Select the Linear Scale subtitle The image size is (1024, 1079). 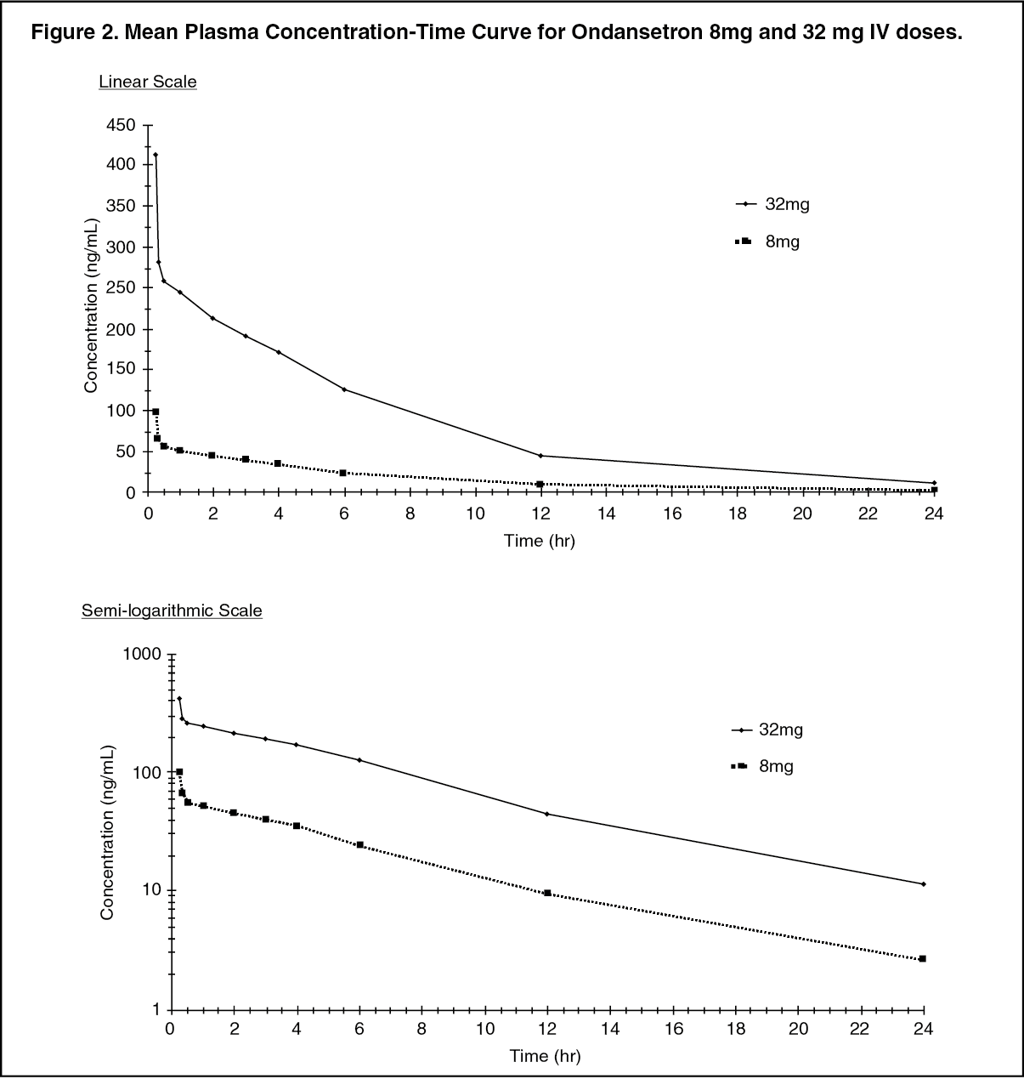tap(148, 82)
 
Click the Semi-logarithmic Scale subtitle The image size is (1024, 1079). tap(172, 610)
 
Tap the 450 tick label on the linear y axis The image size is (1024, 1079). tap(121, 125)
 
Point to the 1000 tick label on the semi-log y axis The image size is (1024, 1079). tap(142, 654)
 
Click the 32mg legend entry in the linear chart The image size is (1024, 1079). tap(772, 204)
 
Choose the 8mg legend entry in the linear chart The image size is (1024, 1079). tap(767, 241)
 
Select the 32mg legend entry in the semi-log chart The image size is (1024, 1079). tap(767, 730)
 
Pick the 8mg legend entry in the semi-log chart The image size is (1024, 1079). tap(762, 766)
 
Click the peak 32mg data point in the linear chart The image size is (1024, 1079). tap(156, 155)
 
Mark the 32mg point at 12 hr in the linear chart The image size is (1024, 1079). tap(540, 456)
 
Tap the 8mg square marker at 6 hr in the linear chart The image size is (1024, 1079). tap(343, 473)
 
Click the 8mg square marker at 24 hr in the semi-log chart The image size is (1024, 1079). tap(923, 959)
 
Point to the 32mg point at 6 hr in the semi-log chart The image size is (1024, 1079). tap(359, 760)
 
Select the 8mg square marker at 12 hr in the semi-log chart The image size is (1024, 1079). tap(547, 893)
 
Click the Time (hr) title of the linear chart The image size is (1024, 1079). tap(540, 541)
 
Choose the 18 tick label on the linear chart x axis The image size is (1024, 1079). tap(738, 514)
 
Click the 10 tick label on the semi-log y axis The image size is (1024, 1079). tap(152, 889)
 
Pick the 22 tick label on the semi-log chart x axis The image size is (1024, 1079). tap(861, 1029)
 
